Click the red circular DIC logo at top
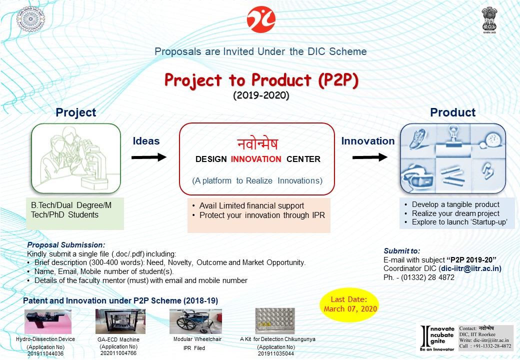pos(261,19)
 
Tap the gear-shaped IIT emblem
pos(30,19)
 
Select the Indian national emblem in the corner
pos(489,20)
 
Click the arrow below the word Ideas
pos(149,157)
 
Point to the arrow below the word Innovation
pos(370,157)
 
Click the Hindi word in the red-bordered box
pos(257,143)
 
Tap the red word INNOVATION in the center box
pos(256,159)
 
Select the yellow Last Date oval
pos(349,304)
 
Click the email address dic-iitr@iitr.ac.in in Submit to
pos(471,268)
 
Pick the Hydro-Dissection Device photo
pos(48,321)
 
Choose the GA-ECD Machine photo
pos(120,321)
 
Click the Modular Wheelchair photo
pos(195,321)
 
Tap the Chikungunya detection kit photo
pos(275,320)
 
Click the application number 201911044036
pos(45,353)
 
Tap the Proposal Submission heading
pos(66,245)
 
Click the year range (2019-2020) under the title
pos(261,95)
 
